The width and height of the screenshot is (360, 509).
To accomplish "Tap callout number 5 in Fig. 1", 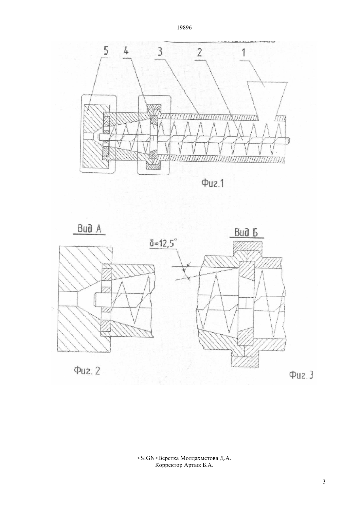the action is (x=106, y=51).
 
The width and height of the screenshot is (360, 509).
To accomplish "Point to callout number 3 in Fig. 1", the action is (x=160, y=52).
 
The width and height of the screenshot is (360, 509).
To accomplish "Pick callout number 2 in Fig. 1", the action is (x=199, y=52).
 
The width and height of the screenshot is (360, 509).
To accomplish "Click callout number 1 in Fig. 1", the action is (x=243, y=53).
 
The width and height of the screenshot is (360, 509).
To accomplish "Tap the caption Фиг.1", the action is (x=213, y=183).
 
